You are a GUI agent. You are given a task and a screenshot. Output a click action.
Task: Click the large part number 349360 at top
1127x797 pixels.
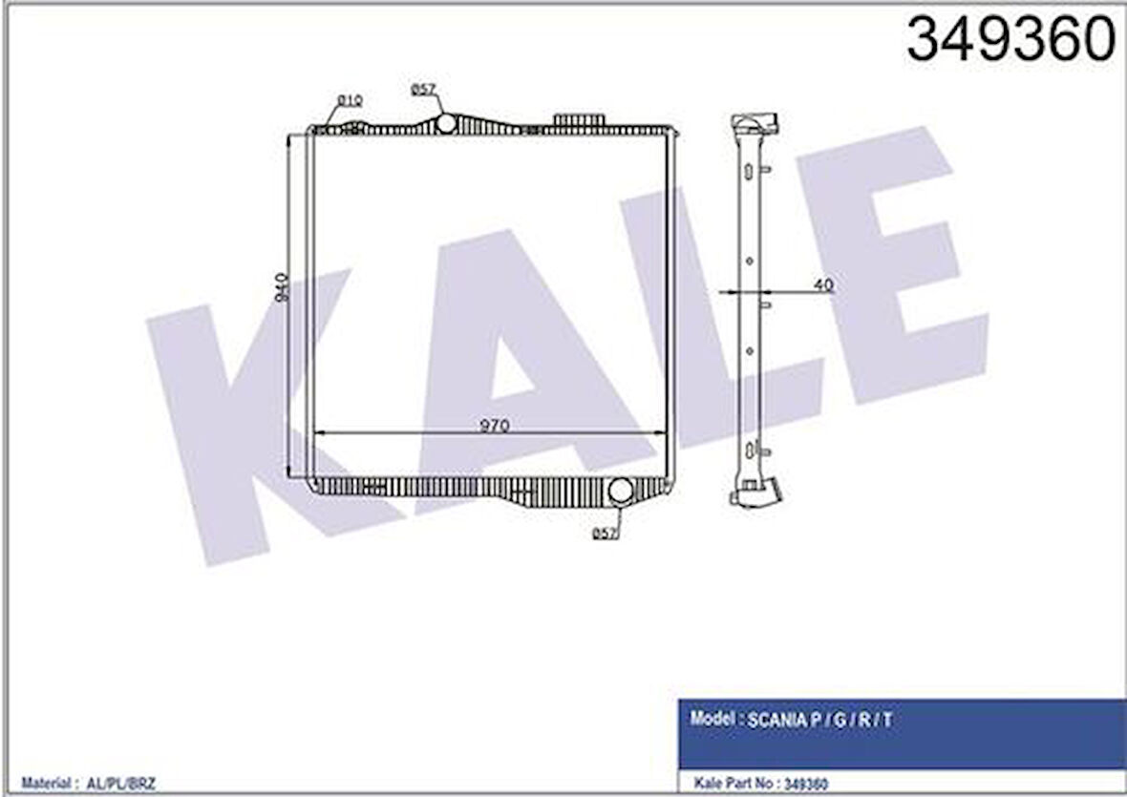(1010, 40)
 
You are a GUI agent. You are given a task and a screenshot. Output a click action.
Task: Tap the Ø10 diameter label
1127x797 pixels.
(349, 100)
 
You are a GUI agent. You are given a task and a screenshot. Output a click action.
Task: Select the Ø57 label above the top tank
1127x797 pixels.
(424, 90)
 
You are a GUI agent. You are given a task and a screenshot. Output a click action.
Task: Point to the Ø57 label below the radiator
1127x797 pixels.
(604, 534)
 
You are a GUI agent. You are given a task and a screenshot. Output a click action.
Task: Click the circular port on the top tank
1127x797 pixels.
(445, 123)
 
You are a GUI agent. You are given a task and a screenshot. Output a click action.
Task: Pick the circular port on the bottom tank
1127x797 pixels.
(621, 491)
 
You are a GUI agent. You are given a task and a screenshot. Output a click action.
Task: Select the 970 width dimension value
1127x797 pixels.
(494, 426)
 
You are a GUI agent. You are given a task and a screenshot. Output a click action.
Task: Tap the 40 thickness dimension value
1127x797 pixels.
(824, 284)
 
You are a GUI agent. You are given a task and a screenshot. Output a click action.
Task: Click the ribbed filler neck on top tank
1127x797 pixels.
(579, 118)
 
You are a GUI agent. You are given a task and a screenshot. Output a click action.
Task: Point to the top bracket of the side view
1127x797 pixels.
(755, 124)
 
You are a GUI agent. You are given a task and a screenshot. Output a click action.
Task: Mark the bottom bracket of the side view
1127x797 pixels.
(755, 493)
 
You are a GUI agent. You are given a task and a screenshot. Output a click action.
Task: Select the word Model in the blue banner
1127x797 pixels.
(712, 721)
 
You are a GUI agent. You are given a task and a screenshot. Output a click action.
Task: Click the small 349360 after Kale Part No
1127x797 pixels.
(805, 785)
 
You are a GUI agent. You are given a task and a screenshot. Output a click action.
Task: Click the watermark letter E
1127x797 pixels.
(888, 277)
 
